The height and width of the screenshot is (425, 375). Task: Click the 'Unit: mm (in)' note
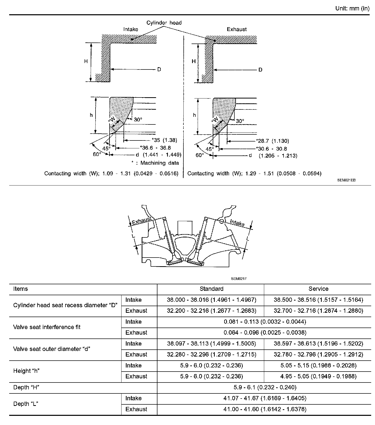tap(352, 8)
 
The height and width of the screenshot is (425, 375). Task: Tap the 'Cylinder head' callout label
tap(164, 23)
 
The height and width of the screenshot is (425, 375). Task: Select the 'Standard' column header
tap(211, 289)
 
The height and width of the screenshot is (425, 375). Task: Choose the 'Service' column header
tap(318, 289)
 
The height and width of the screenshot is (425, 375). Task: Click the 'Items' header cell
tap(20, 289)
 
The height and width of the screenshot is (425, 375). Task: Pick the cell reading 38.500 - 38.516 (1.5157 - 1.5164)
tap(318, 300)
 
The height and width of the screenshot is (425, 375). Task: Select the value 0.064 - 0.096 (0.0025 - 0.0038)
tap(265, 333)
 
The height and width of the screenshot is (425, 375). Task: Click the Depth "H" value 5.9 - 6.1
tap(265, 387)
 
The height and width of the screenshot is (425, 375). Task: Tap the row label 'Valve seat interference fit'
tap(47, 327)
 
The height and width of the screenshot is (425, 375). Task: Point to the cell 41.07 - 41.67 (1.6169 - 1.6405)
tap(265, 398)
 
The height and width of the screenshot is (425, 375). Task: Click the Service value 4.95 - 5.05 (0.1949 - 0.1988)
tap(318, 376)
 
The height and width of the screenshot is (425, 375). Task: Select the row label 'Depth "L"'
tap(25, 404)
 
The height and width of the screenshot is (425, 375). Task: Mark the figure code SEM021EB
tap(346, 180)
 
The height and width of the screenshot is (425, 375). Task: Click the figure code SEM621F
tap(239, 279)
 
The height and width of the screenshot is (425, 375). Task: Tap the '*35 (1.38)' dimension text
tap(164, 140)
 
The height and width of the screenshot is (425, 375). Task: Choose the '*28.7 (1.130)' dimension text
tap(272, 141)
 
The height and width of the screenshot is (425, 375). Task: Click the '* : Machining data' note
tap(155, 163)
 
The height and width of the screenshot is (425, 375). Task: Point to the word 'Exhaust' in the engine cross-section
tap(141, 221)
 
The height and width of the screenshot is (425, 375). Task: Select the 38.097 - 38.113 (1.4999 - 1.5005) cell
tap(211, 344)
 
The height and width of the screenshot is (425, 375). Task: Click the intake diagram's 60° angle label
tap(97, 154)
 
